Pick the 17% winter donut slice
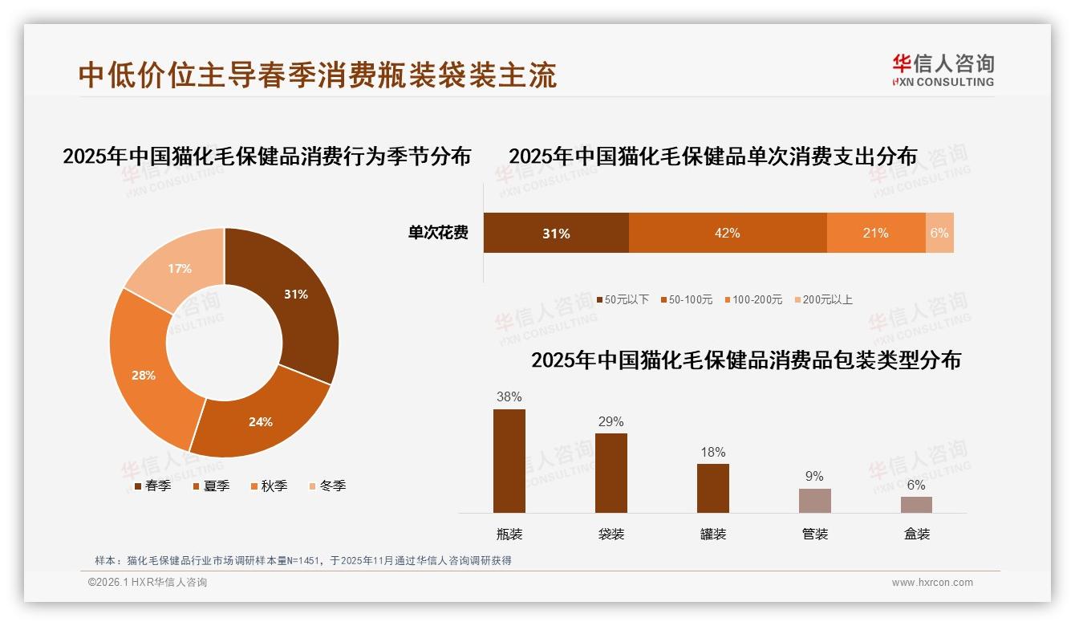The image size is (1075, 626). (178, 269)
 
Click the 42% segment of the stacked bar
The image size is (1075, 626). (727, 234)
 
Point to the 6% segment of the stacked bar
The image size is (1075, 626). (939, 234)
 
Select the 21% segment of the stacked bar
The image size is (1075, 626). (875, 234)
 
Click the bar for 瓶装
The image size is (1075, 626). (509, 461)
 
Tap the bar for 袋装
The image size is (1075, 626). (611, 473)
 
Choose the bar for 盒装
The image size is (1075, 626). (916, 504)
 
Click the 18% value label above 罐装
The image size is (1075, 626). (712, 453)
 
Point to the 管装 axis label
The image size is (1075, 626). (814, 534)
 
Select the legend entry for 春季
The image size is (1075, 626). (152, 486)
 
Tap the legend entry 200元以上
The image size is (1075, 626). (823, 299)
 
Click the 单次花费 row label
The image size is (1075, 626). (438, 234)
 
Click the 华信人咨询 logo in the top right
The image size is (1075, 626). (943, 71)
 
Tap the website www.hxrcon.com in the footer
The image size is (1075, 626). (932, 583)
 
